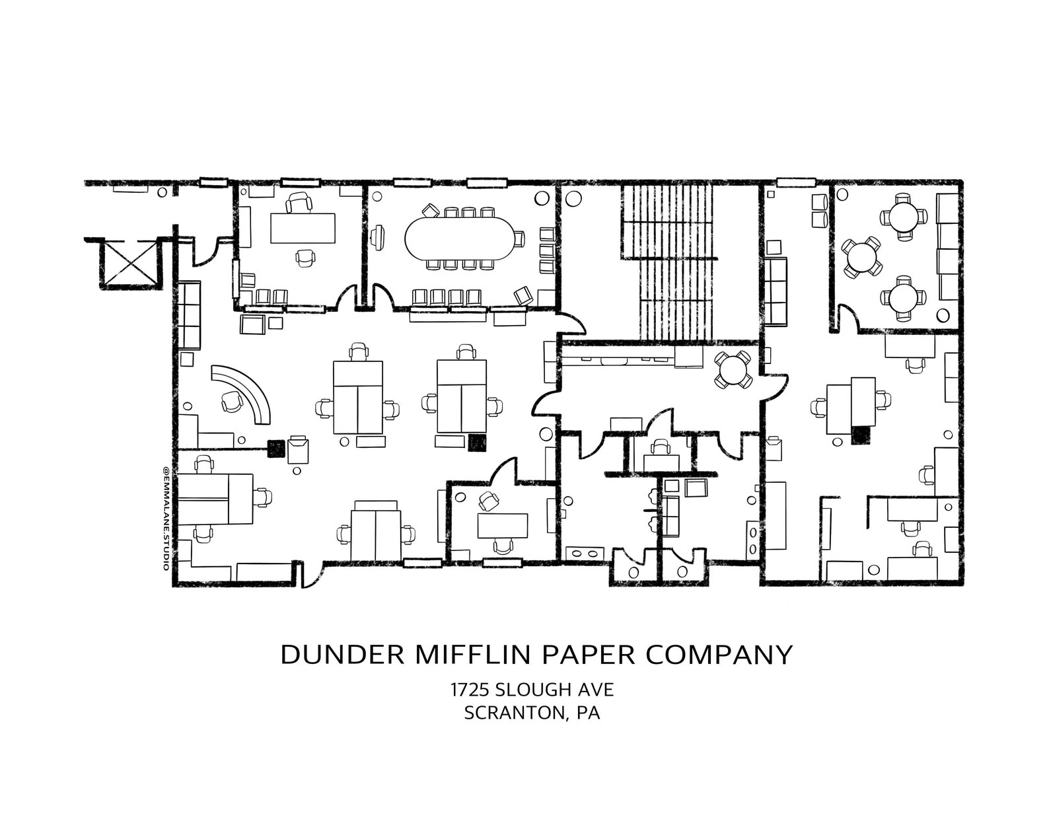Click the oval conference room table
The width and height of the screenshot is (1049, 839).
point(460,238)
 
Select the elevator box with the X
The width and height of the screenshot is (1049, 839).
point(129,262)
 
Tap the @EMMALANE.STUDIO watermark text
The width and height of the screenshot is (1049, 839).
point(166,515)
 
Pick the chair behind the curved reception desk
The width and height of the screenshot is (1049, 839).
point(232,401)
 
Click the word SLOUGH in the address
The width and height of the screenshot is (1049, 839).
point(535,690)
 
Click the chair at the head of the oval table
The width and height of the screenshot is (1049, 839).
point(519,238)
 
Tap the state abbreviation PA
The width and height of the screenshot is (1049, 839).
point(589,713)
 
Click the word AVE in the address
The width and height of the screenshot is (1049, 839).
point(597,690)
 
